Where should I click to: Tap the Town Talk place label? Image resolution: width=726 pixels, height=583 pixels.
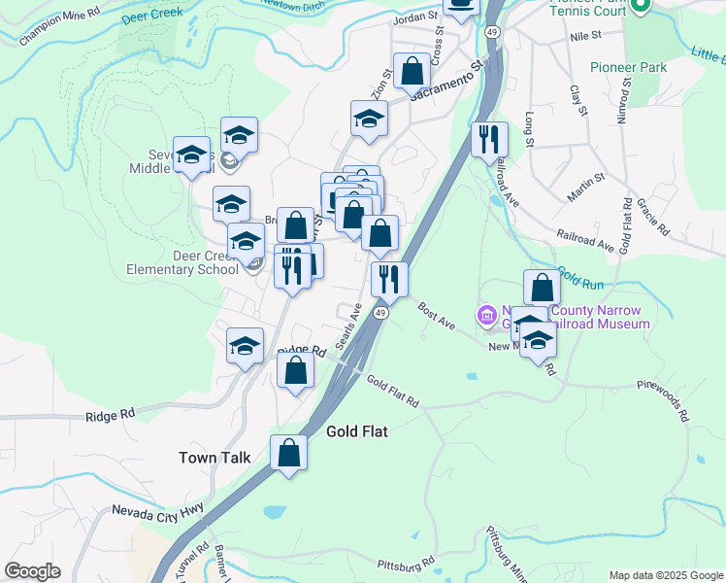coord(214,457)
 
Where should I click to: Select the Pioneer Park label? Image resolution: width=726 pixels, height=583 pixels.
coord(628,67)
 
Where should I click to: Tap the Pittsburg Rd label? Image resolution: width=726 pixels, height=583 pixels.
coord(406,564)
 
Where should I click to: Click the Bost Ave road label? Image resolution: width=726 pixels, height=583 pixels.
coord(437,315)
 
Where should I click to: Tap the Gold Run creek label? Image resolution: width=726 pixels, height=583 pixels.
coord(579,279)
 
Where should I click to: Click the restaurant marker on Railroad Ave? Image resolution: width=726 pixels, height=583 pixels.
coord(489,139)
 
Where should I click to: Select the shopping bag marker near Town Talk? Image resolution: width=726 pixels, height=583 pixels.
coord(288,453)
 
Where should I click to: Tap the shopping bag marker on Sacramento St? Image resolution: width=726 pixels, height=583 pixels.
coord(412,72)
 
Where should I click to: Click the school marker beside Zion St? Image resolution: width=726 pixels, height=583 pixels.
coord(369,120)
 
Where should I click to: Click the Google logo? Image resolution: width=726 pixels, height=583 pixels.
coord(32,571)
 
